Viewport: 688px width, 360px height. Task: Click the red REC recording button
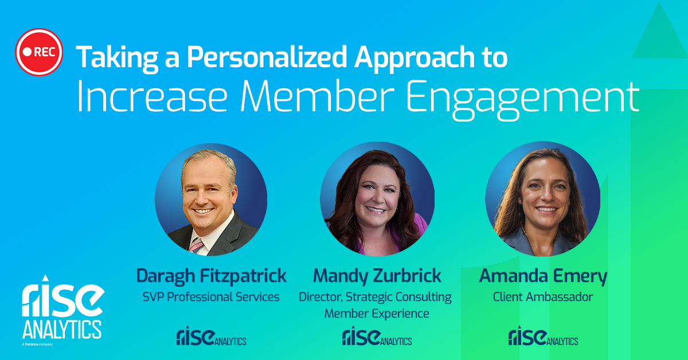[x=39, y=52]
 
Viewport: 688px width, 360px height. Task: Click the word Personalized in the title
[x=267, y=57]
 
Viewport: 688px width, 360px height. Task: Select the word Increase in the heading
[x=153, y=96]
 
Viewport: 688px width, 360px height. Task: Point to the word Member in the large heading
[x=317, y=96]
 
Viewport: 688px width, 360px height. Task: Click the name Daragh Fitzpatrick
[x=212, y=276]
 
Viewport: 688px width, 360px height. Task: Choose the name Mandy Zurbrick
[x=377, y=276]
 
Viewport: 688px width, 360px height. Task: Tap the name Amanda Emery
[x=543, y=276]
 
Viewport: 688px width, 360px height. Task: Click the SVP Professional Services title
[x=211, y=297]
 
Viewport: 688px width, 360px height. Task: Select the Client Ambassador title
[x=543, y=297]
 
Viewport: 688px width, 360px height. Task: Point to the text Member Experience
[x=377, y=314]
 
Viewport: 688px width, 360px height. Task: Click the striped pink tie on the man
[x=196, y=245]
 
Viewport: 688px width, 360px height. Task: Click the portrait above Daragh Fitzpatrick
[x=211, y=199]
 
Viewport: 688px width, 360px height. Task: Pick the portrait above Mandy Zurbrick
[x=377, y=199]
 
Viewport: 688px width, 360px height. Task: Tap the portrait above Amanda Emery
[x=543, y=199]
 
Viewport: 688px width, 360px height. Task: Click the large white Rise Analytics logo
[x=63, y=310]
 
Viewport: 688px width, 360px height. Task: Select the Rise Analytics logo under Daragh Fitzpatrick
[x=212, y=336]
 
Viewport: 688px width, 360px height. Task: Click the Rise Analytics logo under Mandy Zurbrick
[x=377, y=336]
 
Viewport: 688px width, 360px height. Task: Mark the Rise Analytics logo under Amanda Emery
[x=543, y=336]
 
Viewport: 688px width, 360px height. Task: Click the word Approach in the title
[x=415, y=58]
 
